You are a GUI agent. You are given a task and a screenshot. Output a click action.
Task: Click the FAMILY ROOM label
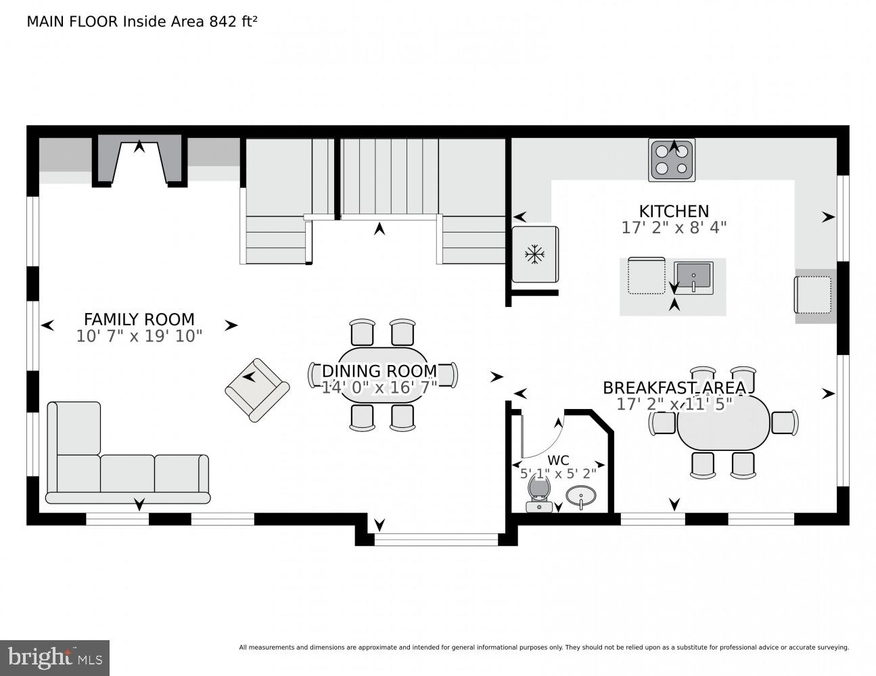pyautogui.click(x=139, y=319)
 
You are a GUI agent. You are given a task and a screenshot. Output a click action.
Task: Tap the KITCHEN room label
pyautogui.click(x=674, y=211)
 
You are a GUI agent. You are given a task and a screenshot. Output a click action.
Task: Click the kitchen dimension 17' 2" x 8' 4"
pyautogui.click(x=674, y=228)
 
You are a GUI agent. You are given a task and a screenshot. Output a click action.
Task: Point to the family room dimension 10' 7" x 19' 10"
pyautogui.click(x=139, y=336)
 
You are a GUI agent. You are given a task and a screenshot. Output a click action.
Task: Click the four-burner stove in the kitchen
pyautogui.click(x=672, y=160)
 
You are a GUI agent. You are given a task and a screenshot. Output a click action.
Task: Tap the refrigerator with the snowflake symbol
pyautogui.click(x=534, y=254)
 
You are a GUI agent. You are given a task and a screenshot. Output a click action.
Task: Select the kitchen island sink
pyautogui.click(x=693, y=277)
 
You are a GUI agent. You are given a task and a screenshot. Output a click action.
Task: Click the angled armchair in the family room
pyautogui.click(x=257, y=390)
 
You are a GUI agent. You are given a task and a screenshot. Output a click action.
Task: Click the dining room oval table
pyautogui.click(x=383, y=375)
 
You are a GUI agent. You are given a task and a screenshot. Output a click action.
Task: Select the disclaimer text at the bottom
pyautogui.click(x=543, y=647)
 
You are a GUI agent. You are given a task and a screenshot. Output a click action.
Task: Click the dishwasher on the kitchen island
pyautogui.click(x=646, y=276)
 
